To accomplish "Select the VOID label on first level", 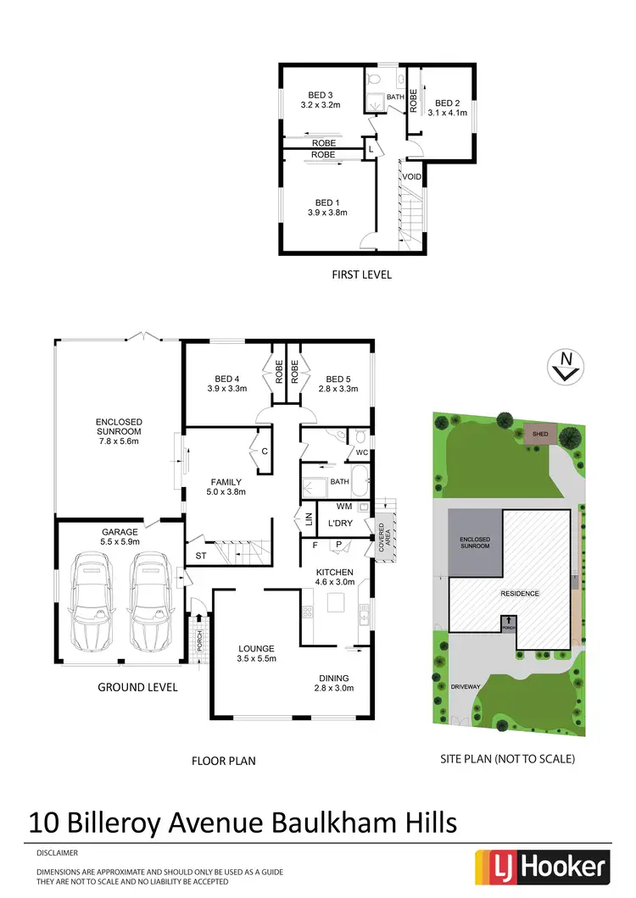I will [411, 176].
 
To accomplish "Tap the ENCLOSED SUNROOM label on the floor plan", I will [119, 427].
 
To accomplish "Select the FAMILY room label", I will [226, 482].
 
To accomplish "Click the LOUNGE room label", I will [255, 648].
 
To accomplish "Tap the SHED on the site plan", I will [539, 434].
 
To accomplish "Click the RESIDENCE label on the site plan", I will [520, 593].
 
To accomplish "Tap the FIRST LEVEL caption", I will [362, 274].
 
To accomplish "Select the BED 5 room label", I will [337, 379].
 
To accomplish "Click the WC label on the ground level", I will [360, 452].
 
